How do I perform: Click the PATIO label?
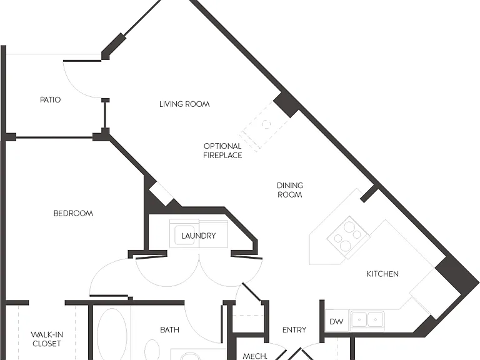[51, 100]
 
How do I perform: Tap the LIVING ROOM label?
[184, 104]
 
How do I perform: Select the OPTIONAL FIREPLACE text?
[222, 151]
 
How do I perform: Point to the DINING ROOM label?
[290, 190]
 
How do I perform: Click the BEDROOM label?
[73, 213]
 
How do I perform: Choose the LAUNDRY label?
[198, 236]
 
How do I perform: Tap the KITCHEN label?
[382, 274]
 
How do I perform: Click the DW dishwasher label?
[336, 321]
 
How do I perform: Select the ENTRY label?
[294, 330]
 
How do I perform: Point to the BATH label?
[169, 330]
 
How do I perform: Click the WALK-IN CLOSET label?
[46, 339]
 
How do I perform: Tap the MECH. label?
[255, 356]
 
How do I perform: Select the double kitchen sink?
[367, 320]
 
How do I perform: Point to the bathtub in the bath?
[112, 334]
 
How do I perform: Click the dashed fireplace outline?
[266, 125]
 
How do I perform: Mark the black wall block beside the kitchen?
[457, 277]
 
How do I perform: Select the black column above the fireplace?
[286, 104]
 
